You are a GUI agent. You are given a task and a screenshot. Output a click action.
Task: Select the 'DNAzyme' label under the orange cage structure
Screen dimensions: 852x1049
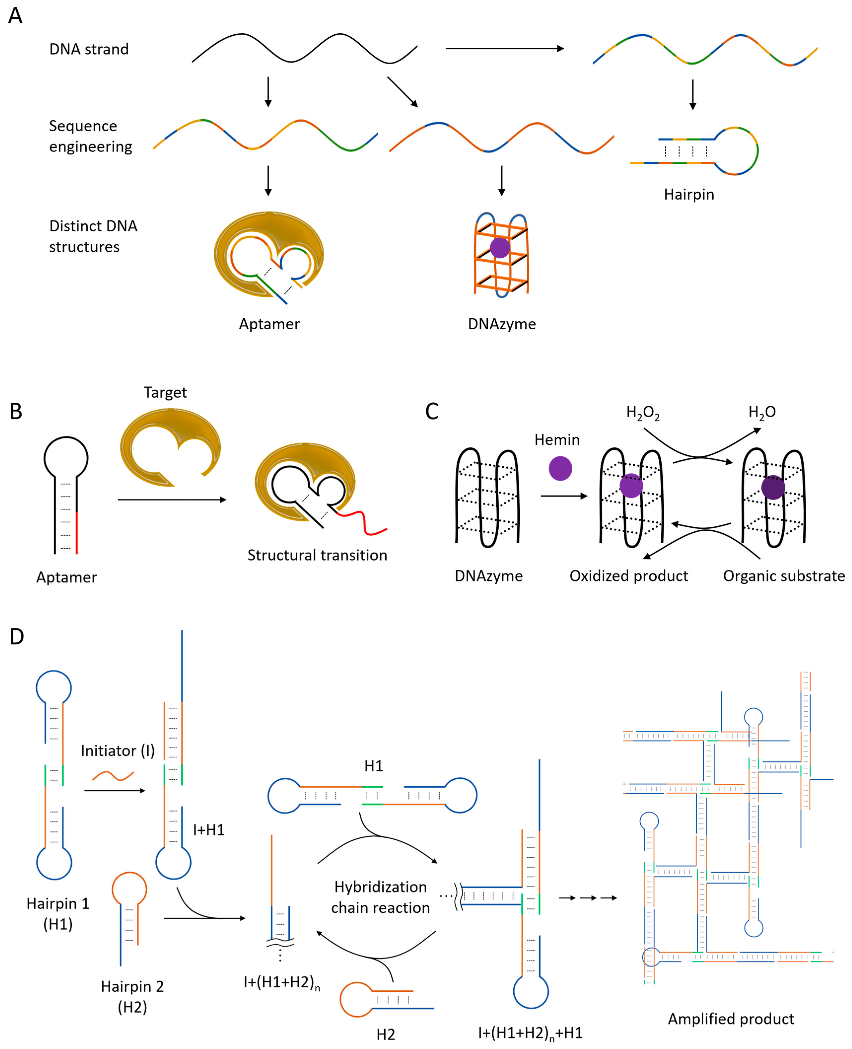502,324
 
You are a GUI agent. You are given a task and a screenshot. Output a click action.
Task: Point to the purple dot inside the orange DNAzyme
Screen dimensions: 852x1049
500,247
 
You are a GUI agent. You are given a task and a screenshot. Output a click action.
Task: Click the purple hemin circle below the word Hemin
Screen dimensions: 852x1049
560,468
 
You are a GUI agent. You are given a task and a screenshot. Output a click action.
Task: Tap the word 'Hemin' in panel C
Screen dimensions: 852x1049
557,440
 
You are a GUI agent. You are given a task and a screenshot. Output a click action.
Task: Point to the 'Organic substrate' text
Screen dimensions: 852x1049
784,576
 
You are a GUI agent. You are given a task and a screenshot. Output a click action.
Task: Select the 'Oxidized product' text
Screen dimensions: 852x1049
629,576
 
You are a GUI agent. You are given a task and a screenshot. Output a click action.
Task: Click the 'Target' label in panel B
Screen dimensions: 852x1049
165,393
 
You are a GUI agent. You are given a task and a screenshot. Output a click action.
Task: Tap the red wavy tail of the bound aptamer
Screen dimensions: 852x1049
363,522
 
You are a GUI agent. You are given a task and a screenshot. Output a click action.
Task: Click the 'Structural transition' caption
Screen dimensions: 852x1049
317,555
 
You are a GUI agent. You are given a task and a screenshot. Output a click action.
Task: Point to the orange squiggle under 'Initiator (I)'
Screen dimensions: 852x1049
113,776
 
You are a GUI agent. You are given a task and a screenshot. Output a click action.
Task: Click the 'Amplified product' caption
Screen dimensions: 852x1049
731,1019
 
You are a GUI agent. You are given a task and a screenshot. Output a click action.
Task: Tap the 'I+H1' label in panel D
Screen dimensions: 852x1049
209,830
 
